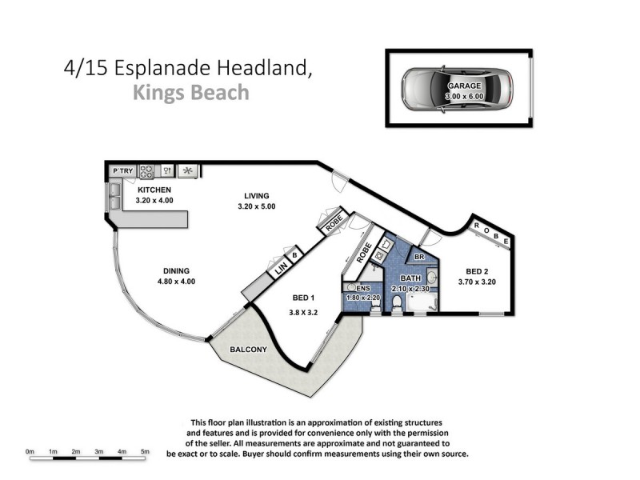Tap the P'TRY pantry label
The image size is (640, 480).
click(x=122, y=170)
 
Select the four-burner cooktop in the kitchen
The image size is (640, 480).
click(x=147, y=170)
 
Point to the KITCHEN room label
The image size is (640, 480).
click(x=154, y=190)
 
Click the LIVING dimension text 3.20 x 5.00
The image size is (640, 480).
click(x=256, y=207)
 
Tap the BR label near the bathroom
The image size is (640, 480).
click(x=418, y=257)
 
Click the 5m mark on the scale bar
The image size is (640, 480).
click(x=145, y=452)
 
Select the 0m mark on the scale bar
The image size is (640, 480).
click(x=30, y=452)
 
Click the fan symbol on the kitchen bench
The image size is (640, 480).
click(x=189, y=170)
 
